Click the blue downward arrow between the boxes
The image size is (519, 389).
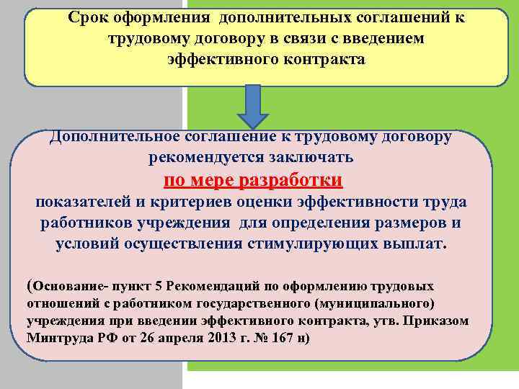coord(252,107)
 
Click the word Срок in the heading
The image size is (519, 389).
coord(88,18)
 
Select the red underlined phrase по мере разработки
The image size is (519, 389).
coord(253,179)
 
